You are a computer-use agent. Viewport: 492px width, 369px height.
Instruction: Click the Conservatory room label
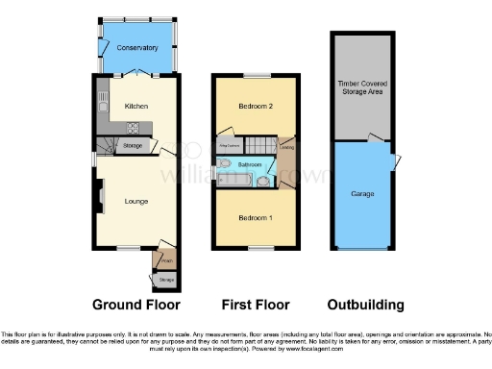(x=136, y=47)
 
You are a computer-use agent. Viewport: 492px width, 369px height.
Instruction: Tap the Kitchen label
(x=136, y=106)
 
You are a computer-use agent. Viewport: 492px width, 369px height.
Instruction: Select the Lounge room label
(x=135, y=201)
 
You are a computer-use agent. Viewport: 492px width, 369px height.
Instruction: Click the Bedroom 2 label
(x=254, y=107)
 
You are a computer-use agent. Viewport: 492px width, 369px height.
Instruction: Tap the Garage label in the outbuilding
(x=361, y=194)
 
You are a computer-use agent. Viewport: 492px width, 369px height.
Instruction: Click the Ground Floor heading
(x=135, y=305)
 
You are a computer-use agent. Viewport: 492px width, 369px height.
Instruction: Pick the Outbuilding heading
(x=365, y=305)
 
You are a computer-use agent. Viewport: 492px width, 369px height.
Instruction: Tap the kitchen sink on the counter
(x=101, y=102)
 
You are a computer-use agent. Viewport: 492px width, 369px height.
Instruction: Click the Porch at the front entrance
(x=164, y=259)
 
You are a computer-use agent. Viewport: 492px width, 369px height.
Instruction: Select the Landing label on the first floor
(x=287, y=147)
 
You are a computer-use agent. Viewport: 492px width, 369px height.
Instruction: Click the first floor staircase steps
(x=260, y=145)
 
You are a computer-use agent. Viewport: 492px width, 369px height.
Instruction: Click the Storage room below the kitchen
(x=132, y=146)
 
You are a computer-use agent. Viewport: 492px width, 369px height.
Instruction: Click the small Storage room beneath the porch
(x=164, y=281)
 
